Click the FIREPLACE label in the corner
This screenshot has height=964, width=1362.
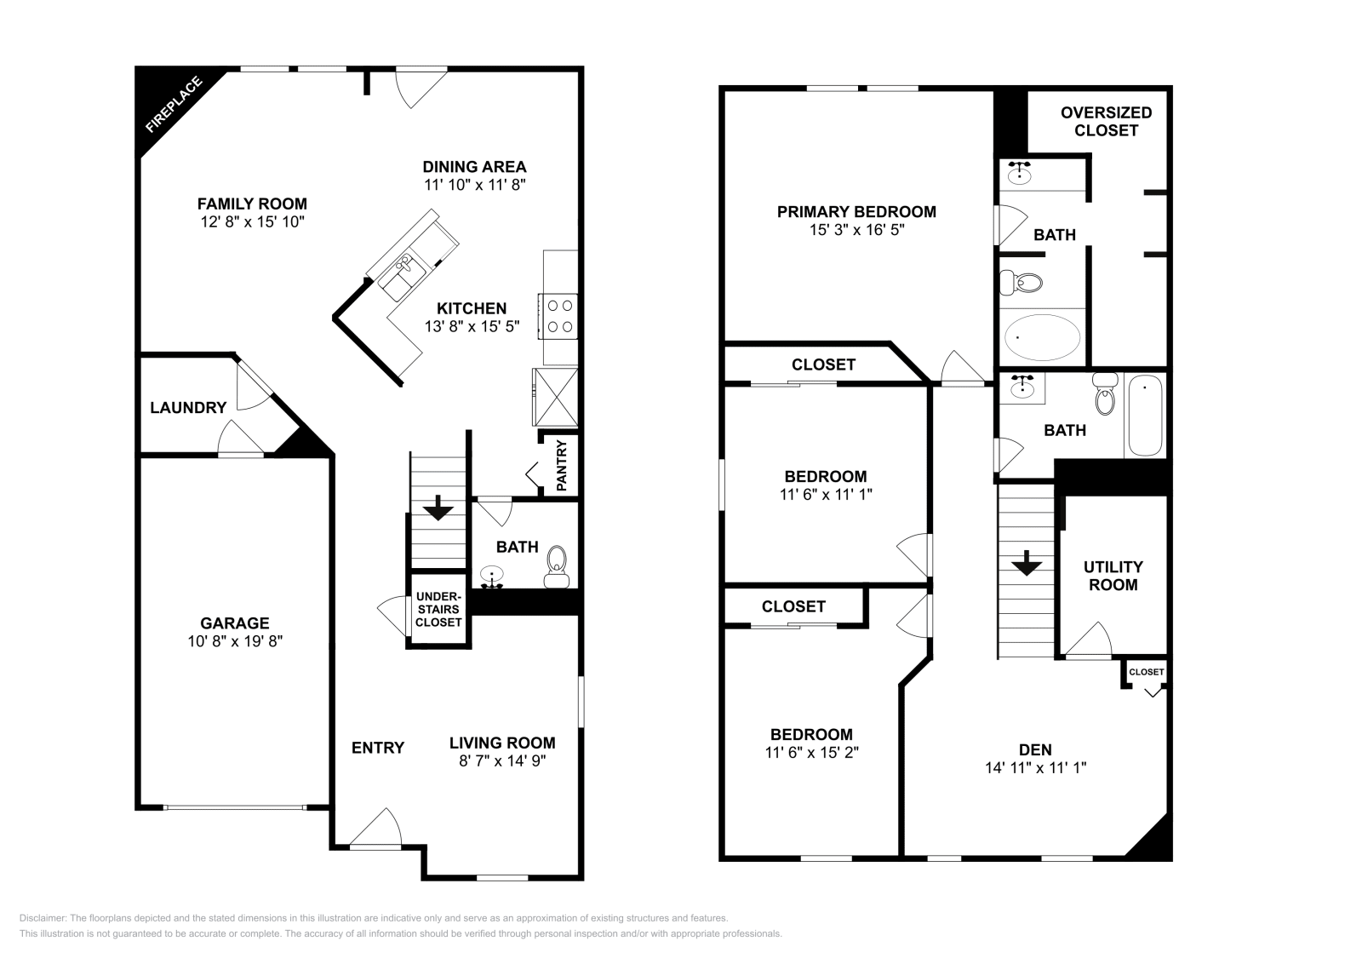pyautogui.click(x=175, y=106)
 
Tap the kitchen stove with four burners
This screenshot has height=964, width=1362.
pyautogui.click(x=559, y=315)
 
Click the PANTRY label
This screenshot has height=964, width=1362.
pyautogui.click(x=562, y=465)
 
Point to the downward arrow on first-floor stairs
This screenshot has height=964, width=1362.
pyautogui.click(x=438, y=508)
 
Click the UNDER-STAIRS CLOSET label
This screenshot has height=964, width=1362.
pyautogui.click(x=438, y=610)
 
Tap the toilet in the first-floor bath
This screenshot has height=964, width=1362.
pyautogui.click(x=557, y=565)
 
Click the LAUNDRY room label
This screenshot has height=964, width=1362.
pyautogui.click(x=188, y=408)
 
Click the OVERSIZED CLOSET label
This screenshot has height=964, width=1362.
pyautogui.click(x=1106, y=122)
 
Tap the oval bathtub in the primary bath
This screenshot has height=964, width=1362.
pyautogui.click(x=1043, y=337)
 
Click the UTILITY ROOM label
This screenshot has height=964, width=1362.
pyautogui.click(x=1113, y=576)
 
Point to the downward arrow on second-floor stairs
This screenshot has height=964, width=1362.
pyautogui.click(x=1027, y=563)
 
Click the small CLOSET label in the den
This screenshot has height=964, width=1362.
pyautogui.click(x=1146, y=673)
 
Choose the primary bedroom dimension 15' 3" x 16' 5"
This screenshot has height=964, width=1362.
pyautogui.click(x=856, y=230)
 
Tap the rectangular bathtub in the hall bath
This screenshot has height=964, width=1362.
pyautogui.click(x=1145, y=416)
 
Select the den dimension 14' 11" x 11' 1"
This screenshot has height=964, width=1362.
pyautogui.click(x=1035, y=767)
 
